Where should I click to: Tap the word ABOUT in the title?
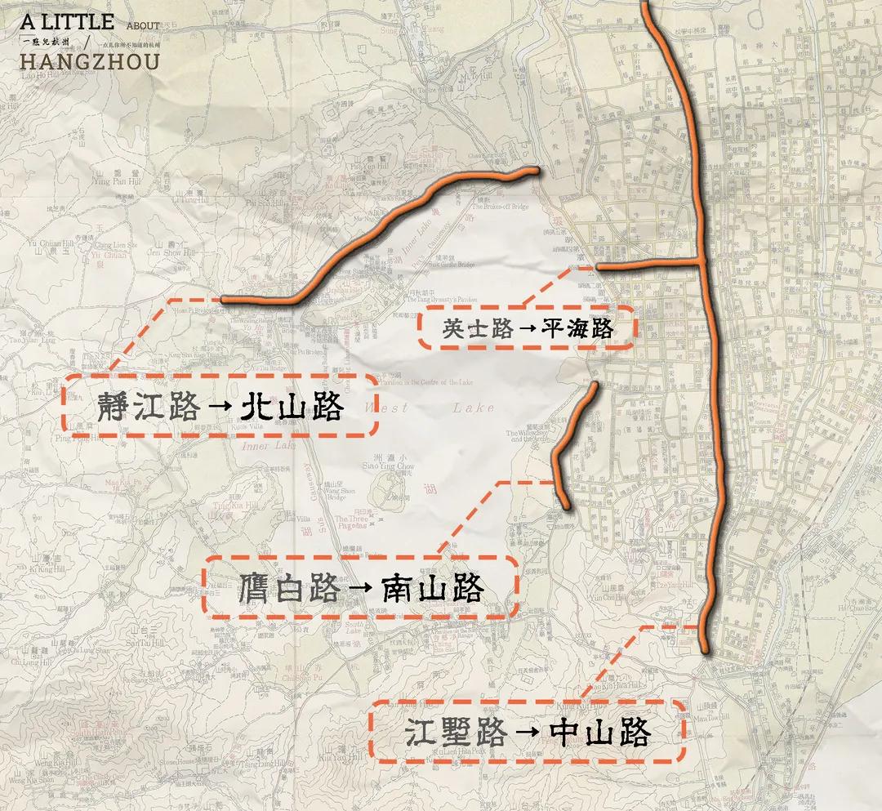tap(143, 26)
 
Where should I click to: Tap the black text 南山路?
tap(433, 587)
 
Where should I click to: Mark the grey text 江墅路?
tap(457, 732)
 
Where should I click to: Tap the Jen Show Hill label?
tap(171, 252)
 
